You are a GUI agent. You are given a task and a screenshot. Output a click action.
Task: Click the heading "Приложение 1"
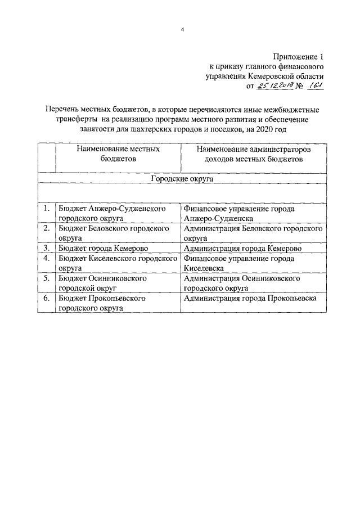tap(299, 57)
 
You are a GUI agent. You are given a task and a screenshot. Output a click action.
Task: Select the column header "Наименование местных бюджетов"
tap(118, 155)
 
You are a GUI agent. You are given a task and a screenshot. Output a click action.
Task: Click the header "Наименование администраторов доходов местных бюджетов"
tap(254, 155)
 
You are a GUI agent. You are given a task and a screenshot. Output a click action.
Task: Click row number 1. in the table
tap(47, 209)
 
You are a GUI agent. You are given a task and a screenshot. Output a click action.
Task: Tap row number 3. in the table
tap(47, 249)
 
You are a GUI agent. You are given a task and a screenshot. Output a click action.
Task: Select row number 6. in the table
tap(47, 299)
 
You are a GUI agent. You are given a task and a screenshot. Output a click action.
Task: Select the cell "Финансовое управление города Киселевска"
tap(239, 263)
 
